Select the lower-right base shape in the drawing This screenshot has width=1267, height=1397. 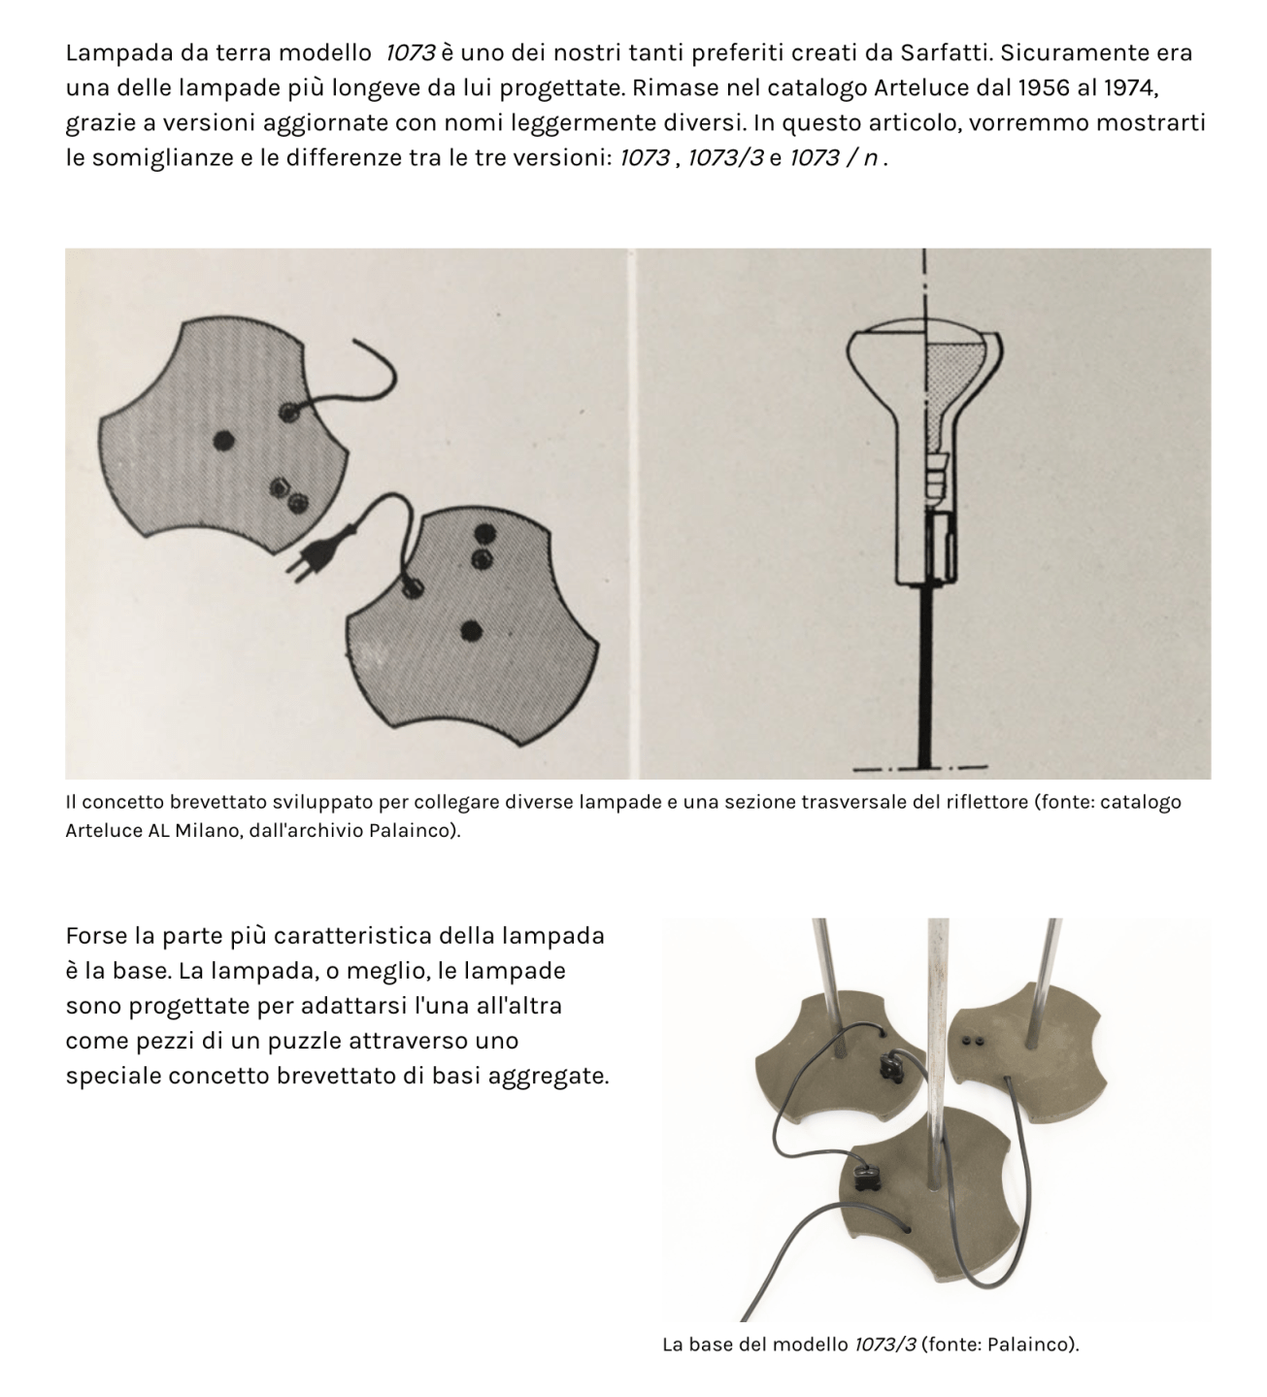click(x=466, y=631)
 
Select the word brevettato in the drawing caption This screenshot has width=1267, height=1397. click(x=201, y=803)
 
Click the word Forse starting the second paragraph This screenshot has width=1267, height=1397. click(x=97, y=937)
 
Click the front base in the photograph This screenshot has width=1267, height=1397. click(x=922, y=1214)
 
